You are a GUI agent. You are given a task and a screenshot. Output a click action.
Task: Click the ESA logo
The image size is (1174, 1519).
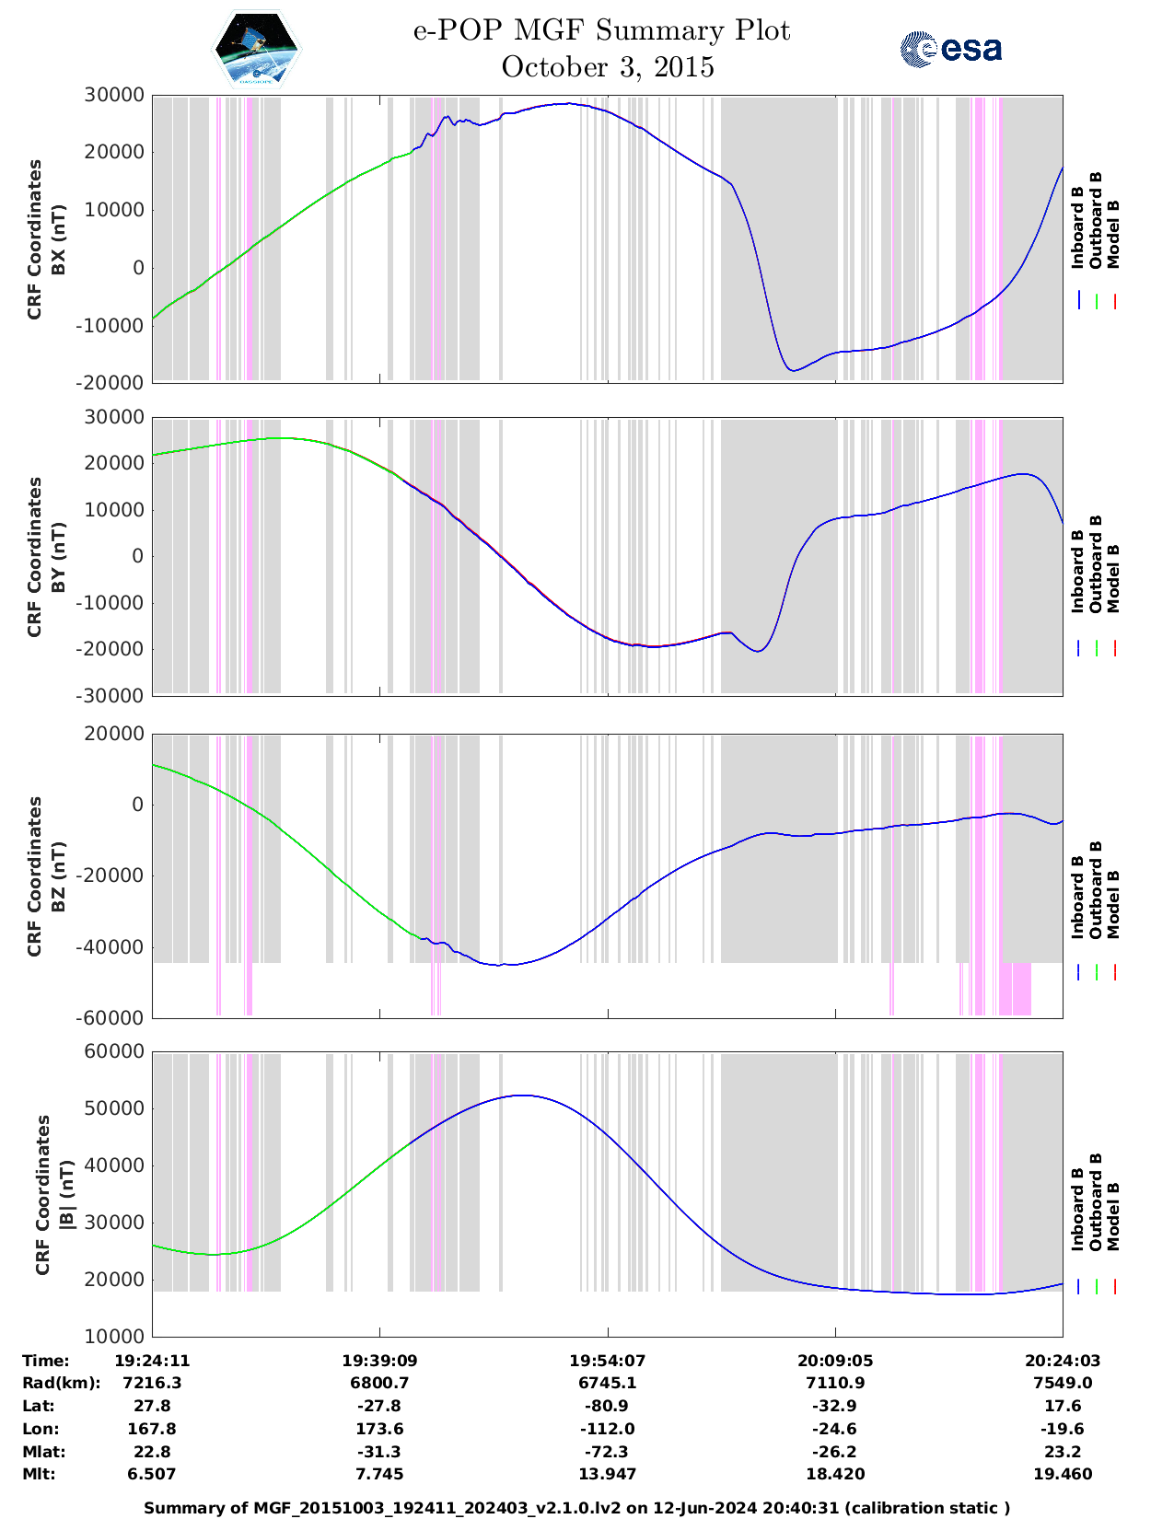pyautogui.click(x=950, y=49)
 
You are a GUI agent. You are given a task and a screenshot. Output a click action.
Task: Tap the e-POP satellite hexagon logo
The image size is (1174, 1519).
pyautogui.click(x=257, y=49)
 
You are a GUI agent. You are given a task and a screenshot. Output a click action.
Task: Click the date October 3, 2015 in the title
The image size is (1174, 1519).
pyautogui.click(x=608, y=67)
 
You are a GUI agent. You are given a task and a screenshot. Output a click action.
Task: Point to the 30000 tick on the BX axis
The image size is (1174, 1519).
pyautogui.click(x=113, y=95)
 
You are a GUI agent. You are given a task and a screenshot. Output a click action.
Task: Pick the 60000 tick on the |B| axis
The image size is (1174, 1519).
pyautogui.click(x=113, y=1051)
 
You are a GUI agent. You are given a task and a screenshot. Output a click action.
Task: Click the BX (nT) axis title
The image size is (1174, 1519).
pyautogui.click(x=59, y=239)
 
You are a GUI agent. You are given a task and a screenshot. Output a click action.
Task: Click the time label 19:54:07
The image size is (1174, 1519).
pyautogui.click(x=607, y=1361)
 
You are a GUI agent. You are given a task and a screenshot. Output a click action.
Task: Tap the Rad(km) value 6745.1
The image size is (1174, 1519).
pyautogui.click(x=607, y=1383)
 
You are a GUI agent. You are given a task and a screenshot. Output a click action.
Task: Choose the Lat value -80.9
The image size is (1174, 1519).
pyautogui.click(x=607, y=1406)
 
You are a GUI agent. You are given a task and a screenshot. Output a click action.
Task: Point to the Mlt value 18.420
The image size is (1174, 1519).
pyautogui.click(x=834, y=1474)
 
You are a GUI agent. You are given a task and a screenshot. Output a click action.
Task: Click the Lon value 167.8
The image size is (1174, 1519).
pyautogui.click(x=152, y=1429)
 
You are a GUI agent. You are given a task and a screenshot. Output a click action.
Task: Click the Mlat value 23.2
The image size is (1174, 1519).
pyautogui.click(x=1063, y=1452)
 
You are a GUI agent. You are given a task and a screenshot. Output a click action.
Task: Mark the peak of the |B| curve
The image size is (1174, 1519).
pyautogui.click(x=521, y=1096)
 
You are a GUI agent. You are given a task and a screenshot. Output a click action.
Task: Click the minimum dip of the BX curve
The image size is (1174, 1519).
pyautogui.click(x=793, y=370)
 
